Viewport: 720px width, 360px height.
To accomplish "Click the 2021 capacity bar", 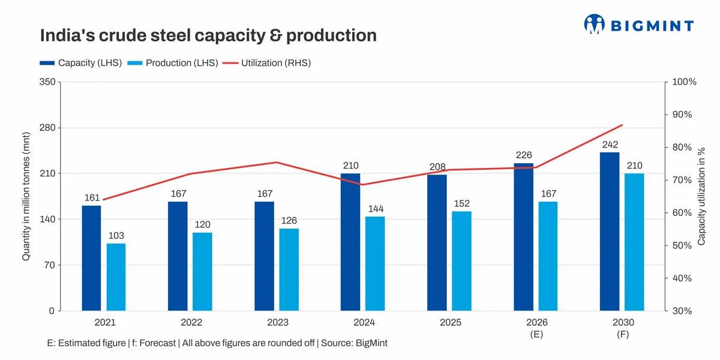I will tap(92, 258).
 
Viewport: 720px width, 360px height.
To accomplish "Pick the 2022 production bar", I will tap(202, 271).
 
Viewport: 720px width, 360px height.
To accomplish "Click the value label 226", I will tap(524, 155).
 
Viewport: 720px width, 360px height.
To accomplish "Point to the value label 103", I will tap(116, 235).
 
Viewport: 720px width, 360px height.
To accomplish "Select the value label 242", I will tap(610, 145).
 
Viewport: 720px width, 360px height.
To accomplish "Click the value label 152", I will tap(461, 203).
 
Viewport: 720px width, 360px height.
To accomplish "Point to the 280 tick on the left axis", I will tap(46, 128).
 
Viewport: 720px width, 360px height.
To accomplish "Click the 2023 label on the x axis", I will tap(278, 322).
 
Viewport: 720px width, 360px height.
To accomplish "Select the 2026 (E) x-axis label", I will tap(537, 328).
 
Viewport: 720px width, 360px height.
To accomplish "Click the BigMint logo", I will tap(638, 25).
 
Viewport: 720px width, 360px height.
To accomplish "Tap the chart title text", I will tap(208, 35).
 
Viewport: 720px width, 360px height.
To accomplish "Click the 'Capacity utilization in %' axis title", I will tap(701, 197).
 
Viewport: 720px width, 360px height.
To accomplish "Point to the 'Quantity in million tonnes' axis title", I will tap(26, 197).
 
